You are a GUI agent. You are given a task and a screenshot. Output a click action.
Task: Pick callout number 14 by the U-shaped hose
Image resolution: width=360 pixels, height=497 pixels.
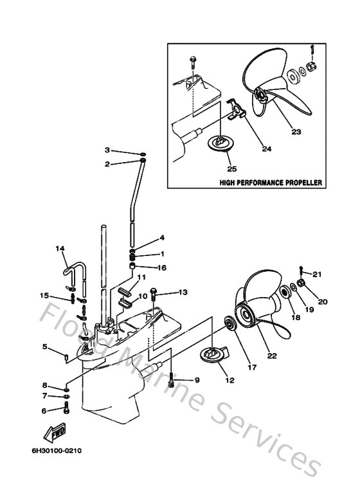pyautogui.click(x=59, y=249)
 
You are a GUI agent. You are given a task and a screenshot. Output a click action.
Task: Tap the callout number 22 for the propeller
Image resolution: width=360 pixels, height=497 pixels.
pyautogui.click(x=272, y=354)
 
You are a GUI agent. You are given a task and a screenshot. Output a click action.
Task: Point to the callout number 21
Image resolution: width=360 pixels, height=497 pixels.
pyautogui.click(x=316, y=274)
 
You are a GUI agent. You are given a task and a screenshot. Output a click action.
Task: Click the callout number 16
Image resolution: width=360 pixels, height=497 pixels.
pyautogui.click(x=162, y=267)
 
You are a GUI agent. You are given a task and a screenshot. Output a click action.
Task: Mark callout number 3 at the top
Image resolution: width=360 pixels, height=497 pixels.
pyautogui.click(x=108, y=150)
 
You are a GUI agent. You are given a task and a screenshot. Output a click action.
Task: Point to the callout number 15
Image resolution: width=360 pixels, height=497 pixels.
pyautogui.click(x=44, y=296)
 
